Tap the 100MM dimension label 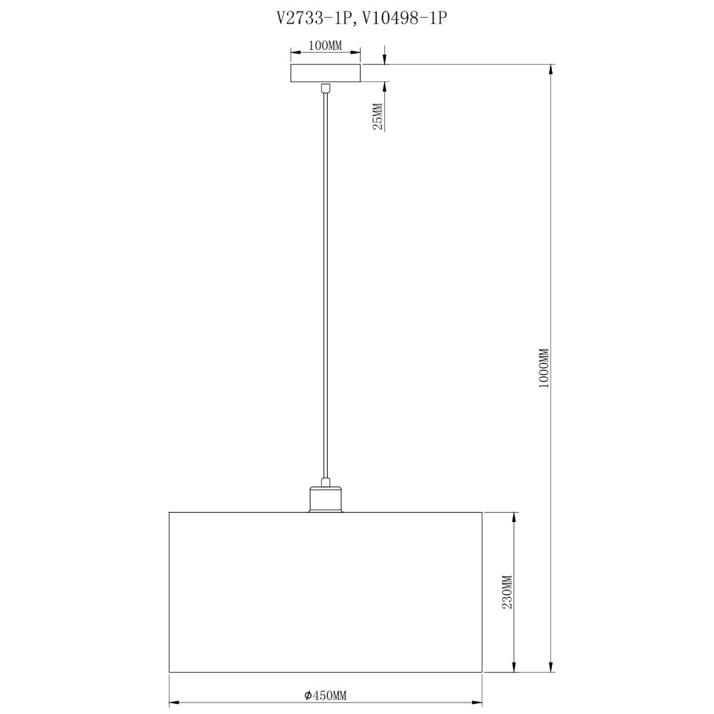325,46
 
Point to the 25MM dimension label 378,117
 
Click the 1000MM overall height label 544,368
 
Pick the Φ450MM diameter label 326,695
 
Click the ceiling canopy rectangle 326,74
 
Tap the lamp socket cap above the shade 326,500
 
